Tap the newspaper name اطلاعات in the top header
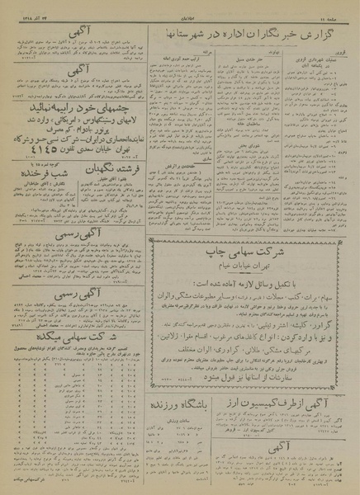click(180, 9)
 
